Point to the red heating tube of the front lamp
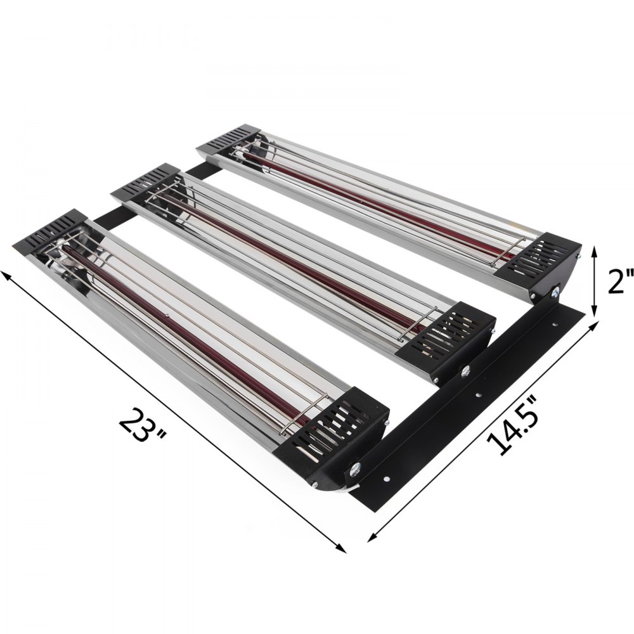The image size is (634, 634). click(x=190, y=330)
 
